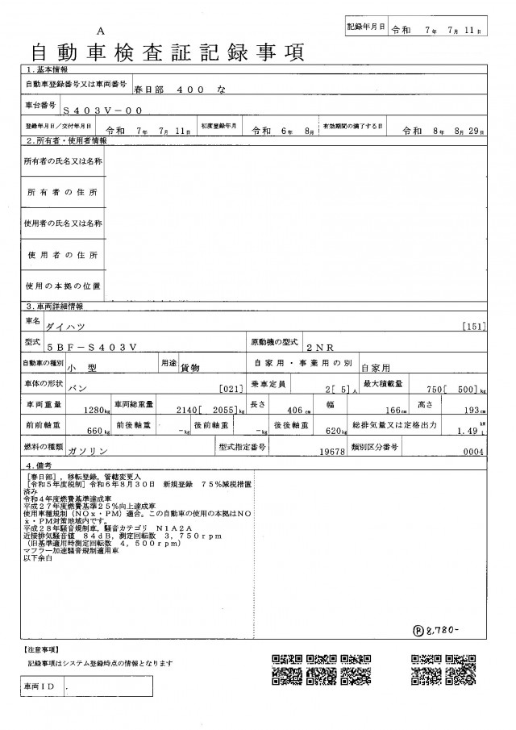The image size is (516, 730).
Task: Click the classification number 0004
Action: click(472, 452)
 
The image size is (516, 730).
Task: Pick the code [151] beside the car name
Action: click(476, 327)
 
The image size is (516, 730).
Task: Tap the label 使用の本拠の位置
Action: click(63, 286)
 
